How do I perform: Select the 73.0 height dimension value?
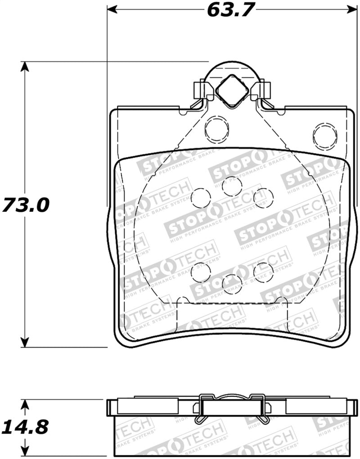pos(25,205)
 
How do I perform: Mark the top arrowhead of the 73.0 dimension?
pos(26,67)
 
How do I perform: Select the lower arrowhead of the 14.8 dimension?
pos(26,450)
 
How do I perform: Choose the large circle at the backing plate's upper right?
pos(325,136)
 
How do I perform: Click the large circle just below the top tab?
pos(216,129)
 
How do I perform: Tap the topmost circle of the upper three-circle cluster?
pos(232,186)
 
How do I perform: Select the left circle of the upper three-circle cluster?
pos(201,197)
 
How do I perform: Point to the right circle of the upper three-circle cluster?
pos(263,197)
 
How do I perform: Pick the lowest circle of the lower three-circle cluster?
pos(232,284)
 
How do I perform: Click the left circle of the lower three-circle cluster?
pos(201,272)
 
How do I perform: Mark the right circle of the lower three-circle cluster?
pos(263,272)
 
